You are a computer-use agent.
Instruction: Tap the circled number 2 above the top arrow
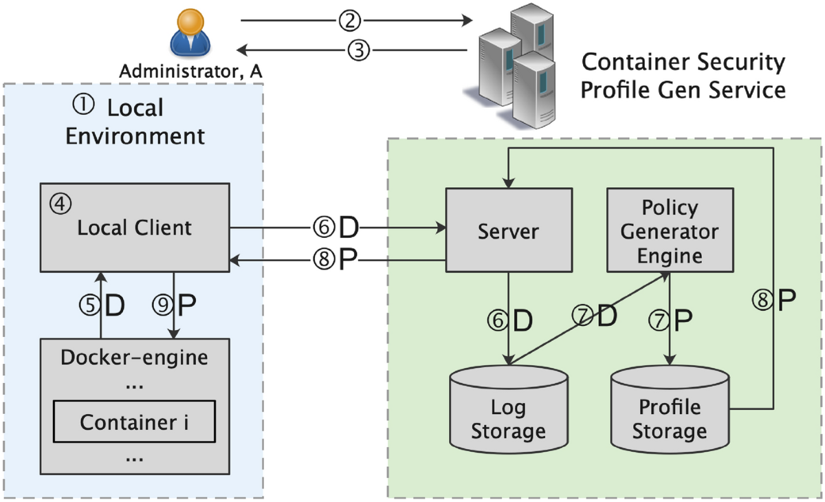click(x=349, y=21)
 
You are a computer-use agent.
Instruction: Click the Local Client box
click(x=134, y=227)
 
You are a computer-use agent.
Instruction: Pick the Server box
click(x=509, y=230)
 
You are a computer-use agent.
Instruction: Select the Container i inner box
click(x=134, y=422)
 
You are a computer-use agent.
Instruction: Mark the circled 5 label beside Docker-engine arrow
click(x=89, y=305)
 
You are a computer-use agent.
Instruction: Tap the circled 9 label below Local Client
click(x=162, y=305)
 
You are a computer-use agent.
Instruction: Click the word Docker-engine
click(x=134, y=358)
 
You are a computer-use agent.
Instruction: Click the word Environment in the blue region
click(x=135, y=135)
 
